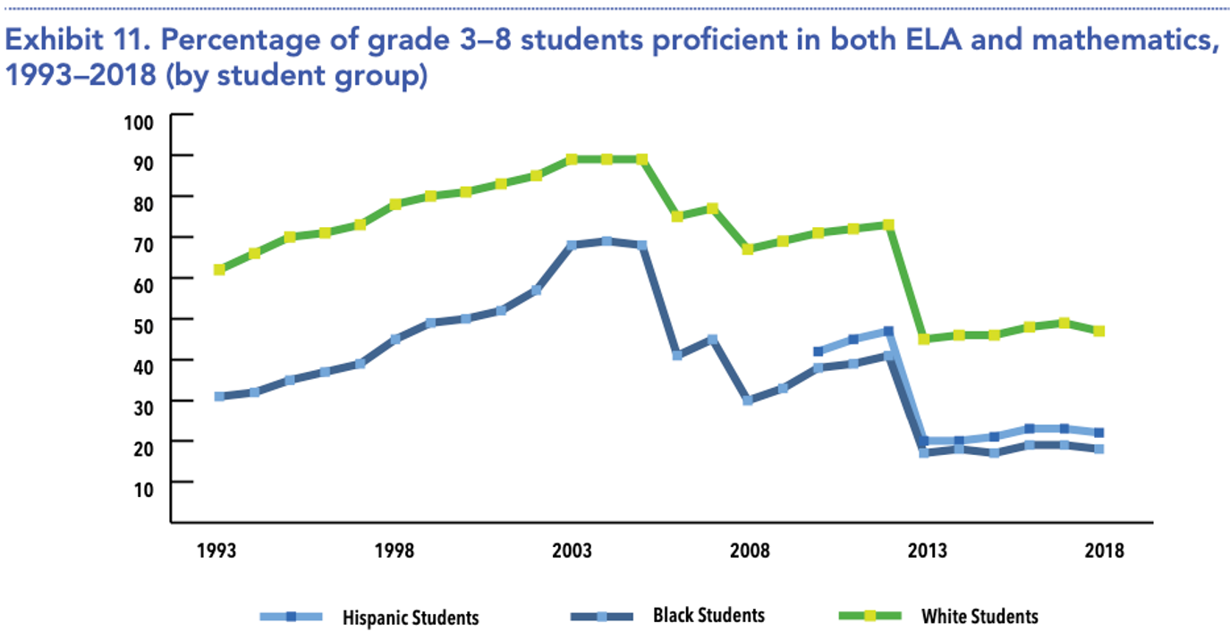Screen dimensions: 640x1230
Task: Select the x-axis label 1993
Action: (217, 551)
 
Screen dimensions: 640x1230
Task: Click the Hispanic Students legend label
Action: (411, 618)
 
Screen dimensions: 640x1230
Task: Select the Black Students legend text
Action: (708, 615)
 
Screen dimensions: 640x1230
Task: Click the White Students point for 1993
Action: (219, 269)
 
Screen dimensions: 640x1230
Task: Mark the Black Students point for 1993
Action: (219, 396)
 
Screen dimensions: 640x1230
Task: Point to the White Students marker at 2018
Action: (1099, 331)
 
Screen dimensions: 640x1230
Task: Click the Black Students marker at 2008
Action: (747, 400)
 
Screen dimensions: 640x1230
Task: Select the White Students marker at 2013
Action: (924, 339)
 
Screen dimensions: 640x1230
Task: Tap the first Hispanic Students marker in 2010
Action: (818, 351)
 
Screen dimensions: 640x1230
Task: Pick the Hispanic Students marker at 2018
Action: (1099, 433)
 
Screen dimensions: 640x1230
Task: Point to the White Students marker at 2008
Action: (747, 248)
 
